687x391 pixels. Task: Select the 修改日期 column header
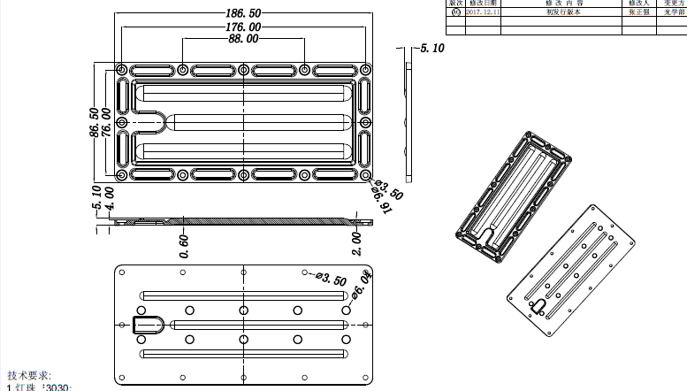tap(483, 4)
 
